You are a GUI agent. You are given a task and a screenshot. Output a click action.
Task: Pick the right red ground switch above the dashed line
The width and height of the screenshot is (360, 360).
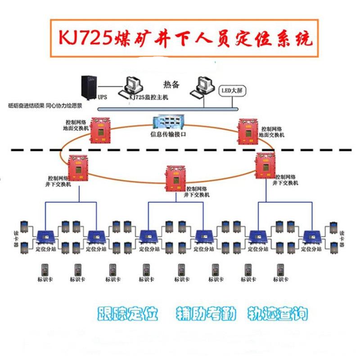point(248,130)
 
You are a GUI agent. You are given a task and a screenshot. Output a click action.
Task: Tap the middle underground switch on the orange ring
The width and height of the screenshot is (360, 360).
point(175,176)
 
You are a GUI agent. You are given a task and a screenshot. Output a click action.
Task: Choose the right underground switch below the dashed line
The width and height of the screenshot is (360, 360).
point(265,165)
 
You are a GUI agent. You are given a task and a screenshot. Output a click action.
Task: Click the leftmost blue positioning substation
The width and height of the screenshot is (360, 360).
point(45,236)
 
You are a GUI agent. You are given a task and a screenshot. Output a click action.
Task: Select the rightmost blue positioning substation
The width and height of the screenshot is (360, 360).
point(311,237)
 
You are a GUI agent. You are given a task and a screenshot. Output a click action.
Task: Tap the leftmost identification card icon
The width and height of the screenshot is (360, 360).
point(44,270)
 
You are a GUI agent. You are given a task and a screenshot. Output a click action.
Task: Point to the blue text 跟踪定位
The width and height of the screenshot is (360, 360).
point(128,314)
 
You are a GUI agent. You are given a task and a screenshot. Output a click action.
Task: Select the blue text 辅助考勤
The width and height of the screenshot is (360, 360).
point(206,314)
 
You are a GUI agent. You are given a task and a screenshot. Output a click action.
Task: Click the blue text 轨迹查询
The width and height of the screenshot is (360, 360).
point(277,314)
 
